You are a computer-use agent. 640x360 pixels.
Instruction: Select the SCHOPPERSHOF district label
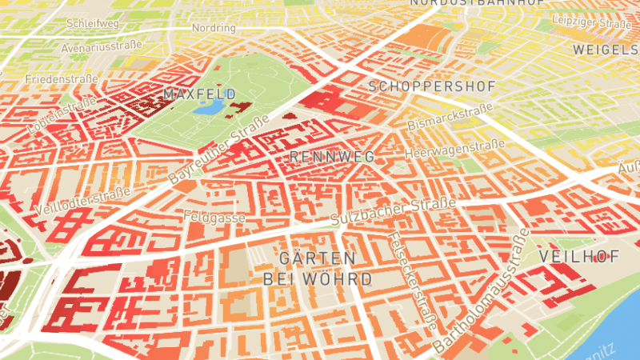[433, 86]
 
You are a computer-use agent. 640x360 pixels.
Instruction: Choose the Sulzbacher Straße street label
[393, 211]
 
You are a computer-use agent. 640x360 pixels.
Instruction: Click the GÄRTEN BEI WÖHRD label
[318, 269]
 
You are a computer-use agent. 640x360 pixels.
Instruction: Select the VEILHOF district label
[580, 257]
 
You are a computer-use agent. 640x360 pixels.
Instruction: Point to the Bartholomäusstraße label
[482, 290]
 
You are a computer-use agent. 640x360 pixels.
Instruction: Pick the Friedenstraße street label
[61, 80]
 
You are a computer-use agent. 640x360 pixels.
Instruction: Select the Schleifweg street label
[94, 23]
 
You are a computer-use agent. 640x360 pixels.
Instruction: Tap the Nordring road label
[214, 27]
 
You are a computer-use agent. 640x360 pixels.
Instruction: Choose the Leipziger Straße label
[593, 23]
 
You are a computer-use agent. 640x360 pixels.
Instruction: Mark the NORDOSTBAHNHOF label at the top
[477, 3]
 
